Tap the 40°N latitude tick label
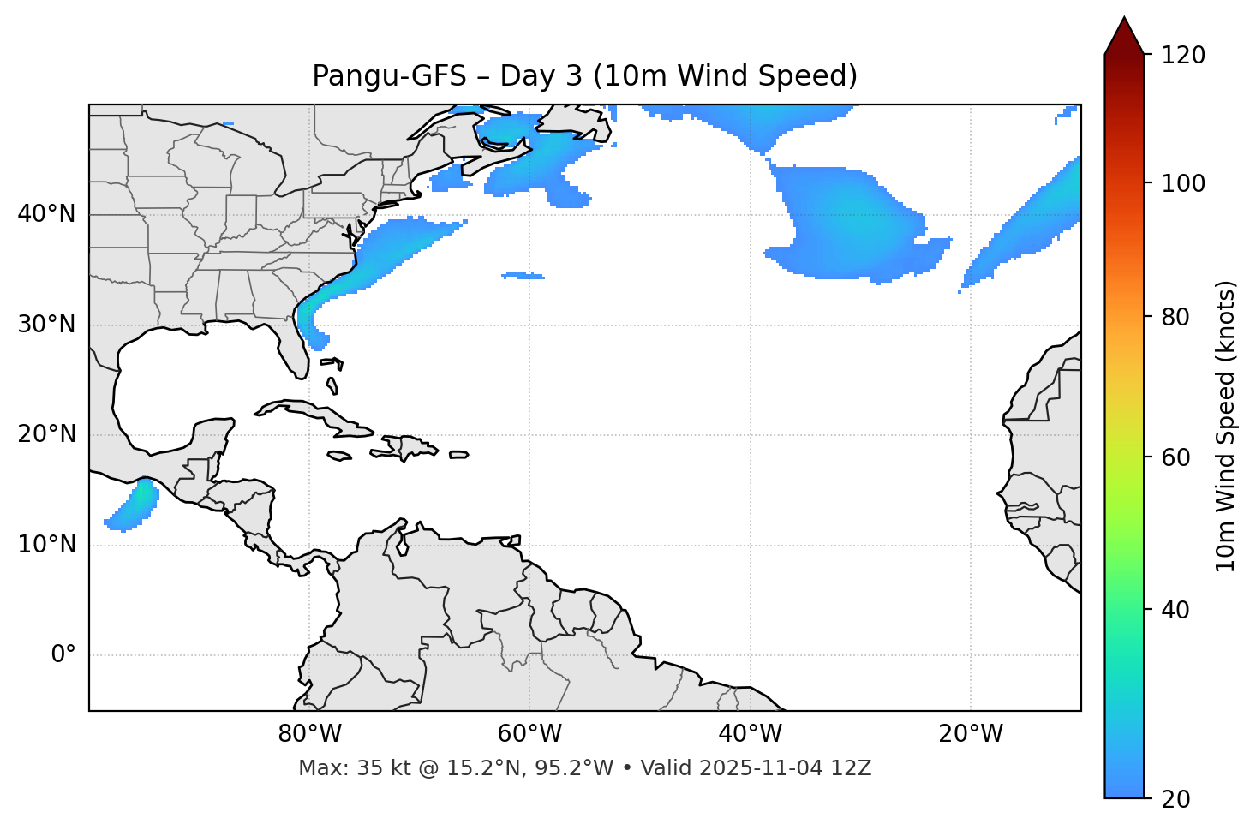[46, 214]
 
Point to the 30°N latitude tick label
[46, 325]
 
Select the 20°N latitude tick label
[46, 434]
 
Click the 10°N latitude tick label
[46, 545]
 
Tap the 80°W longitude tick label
[309, 734]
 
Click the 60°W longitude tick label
[529, 734]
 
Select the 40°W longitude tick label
[750, 734]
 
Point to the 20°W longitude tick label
[970, 734]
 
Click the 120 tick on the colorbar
[1184, 56]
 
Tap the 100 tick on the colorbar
[1184, 183]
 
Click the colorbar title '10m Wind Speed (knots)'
[1226, 426]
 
